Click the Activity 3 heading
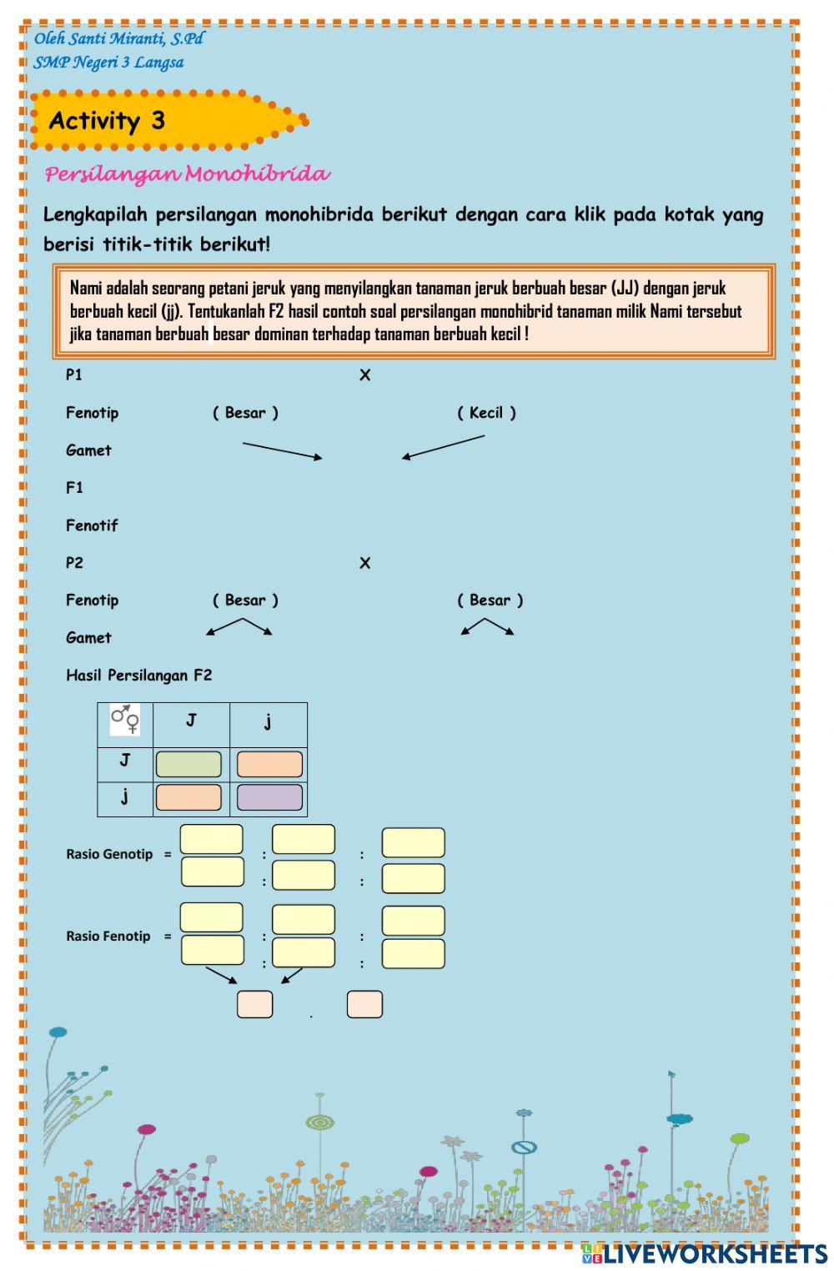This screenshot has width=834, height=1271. pyautogui.click(x=107, y=121)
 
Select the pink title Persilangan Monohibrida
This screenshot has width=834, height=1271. pyautogui.click(x=187, y=174)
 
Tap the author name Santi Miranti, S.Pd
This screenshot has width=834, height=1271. pyautogui.click(x=118, y=38)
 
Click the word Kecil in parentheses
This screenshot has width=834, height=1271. pyautogui.click(x=486, y=413)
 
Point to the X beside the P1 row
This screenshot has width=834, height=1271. pyautogui.click(x=364, y=375)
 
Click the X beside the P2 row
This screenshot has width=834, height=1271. pyautogui.click(x=364, y=564)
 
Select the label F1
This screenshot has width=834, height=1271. pyautogui.click(x=74, y=488)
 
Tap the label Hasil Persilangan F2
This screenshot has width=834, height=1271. pyautogui.click(x=138, y=676)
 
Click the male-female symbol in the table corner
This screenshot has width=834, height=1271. pyautogui.click(x=125, y=720)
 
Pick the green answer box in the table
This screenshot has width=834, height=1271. pyautogui.click(x=188, y=764)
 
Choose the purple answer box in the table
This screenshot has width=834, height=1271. pyautogui.click(x=269, y=797)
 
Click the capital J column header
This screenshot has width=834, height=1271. pyautogui.click(x=191, y=720)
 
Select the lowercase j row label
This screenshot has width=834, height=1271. pyautogui.click(x=124, y=796)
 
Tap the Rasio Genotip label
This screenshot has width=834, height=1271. pyautogui.click(x=109, y=854)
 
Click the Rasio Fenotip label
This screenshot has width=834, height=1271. pyautogui.click(x=108, y=936)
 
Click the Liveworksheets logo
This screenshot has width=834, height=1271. pyautogui.click(x=705, y=1253)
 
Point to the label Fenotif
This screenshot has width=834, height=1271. pyautogui.click(x=92, y=525)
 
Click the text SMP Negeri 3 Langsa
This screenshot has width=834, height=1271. pyautogui.click(x=108, y=63)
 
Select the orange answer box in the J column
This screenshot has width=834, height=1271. pyautogui.click(x=188, y=797)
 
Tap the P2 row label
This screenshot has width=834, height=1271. pyautogui.click(x=74, y=563)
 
